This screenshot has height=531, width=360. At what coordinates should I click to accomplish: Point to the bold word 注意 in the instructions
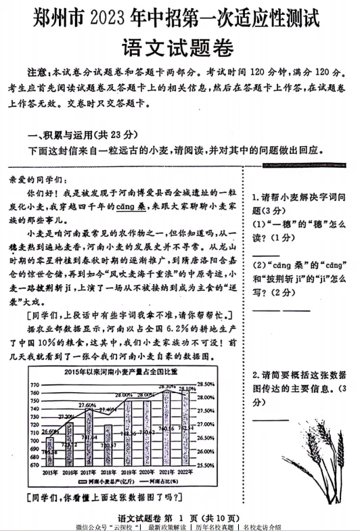point(38,72)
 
